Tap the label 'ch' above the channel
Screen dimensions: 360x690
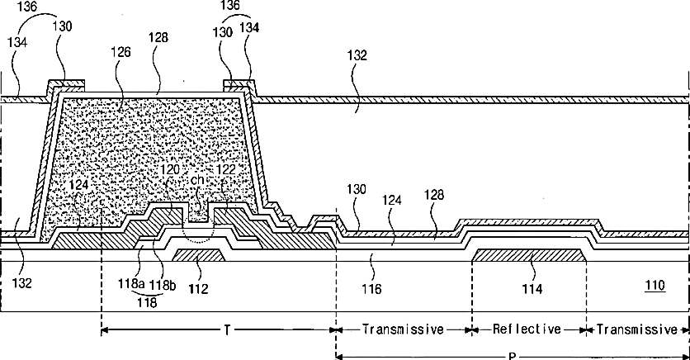(x=198, y=180)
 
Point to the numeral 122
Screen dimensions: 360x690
(x=224, y=168)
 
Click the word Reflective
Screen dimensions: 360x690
(x=528, y=329)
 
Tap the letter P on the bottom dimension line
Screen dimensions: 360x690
(x=513, y=356)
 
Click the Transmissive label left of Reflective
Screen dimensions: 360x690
(x=402, y=329)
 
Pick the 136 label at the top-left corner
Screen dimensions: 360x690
(x=28, y=7)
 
